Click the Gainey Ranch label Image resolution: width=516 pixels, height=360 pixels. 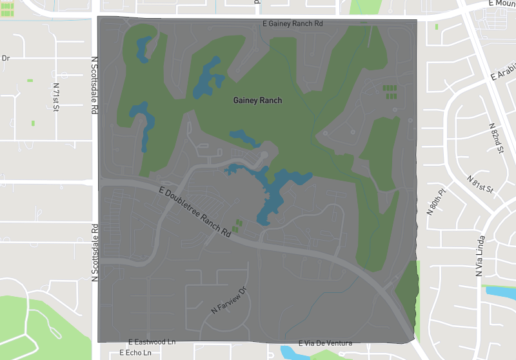click(257, 101)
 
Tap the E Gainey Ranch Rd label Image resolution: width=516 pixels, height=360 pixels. click(292, 23)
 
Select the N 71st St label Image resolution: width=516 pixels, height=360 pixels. click(55, 95)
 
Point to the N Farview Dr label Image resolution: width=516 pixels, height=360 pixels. click(229, 301)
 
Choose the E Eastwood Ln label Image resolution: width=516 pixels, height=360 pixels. click(152, 342)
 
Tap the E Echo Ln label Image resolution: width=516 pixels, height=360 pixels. click(135, 354)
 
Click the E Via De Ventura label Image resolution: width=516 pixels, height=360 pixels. click(326, 343)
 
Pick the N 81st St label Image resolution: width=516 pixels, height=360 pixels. click(480, 185)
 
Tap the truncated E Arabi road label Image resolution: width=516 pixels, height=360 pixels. click(504, 72)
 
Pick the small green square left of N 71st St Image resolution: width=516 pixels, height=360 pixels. click(29, 80)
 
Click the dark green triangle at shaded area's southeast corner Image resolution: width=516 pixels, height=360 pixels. click(406, 290)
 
